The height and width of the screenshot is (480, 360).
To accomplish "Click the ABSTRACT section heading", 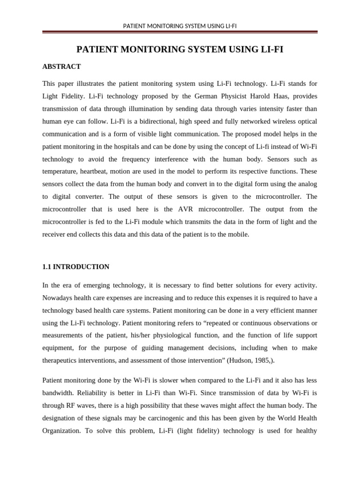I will pos(61,67).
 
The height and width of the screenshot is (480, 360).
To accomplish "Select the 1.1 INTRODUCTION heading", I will pos(75,267).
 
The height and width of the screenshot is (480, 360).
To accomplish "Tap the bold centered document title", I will pos(180,49).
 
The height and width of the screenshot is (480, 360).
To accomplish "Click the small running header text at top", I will pos(180,26).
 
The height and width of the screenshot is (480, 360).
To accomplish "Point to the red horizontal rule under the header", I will pos(180,32).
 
